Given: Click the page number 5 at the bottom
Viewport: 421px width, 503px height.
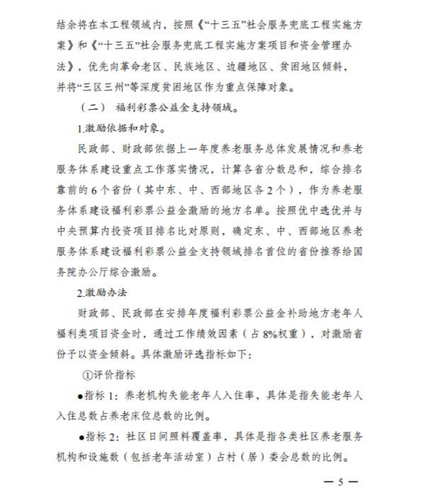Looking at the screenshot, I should [341, 482].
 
